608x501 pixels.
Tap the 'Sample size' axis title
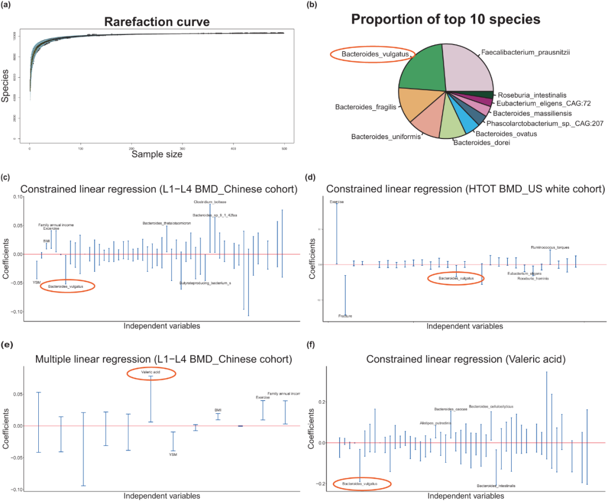[x=157, y=154]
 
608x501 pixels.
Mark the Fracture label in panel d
[x=345, y=316]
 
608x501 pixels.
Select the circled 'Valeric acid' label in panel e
[x=151, y=372]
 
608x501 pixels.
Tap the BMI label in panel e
[x=218, y=410]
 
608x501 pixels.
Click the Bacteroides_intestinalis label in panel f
[x=496, y=485]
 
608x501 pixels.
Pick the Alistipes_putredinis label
[x=435, y=423]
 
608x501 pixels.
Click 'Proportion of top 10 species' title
[x=445, y=20]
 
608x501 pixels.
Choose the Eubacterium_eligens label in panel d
[x=524, y=273]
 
